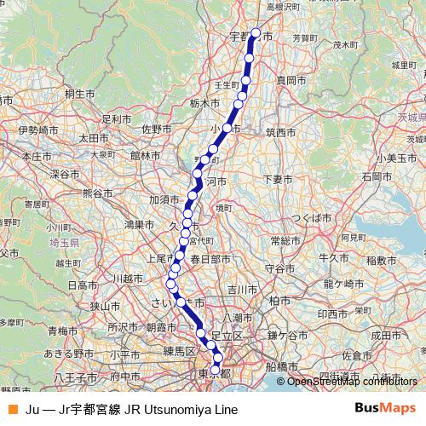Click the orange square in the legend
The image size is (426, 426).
click(x=12, y=409)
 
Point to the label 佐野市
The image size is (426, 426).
click(x=157, y=129)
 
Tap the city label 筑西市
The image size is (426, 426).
click(x=280, y=132)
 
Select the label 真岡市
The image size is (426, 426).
click(x=291, y=79)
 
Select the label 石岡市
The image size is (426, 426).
click(x=376, y=176)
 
